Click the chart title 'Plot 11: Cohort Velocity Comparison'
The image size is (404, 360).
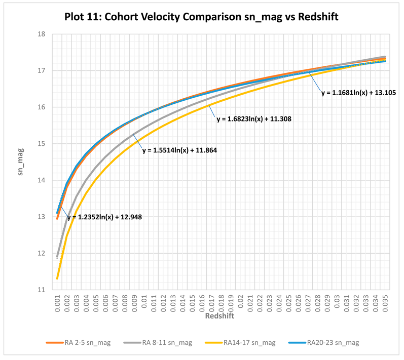click(201, 17)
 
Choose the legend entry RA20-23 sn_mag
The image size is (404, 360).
click(333, 343)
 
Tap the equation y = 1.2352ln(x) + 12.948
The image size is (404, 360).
click(104, 217)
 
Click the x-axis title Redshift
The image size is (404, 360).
click(220, 315)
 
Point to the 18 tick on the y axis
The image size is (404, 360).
click(42, 34)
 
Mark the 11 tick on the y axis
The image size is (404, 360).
click(42, 290)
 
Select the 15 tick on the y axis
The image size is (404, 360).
click(42, 144)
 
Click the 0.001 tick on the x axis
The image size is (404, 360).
click(57, 302)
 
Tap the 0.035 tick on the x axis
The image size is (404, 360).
click(385, 302)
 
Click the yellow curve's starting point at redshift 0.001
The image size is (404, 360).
click(57, 278)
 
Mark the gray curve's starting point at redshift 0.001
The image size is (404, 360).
click(57, 257)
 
